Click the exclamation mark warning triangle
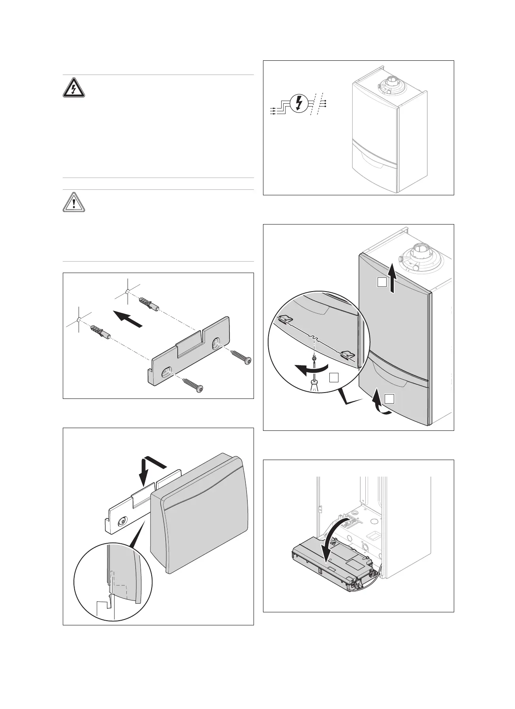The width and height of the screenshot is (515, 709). point(74,202)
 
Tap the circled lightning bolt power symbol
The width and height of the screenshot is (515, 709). point(299,103)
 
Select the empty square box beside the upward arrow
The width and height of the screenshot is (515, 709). point(381,282)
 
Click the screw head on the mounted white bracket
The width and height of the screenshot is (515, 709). point(122,522)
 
